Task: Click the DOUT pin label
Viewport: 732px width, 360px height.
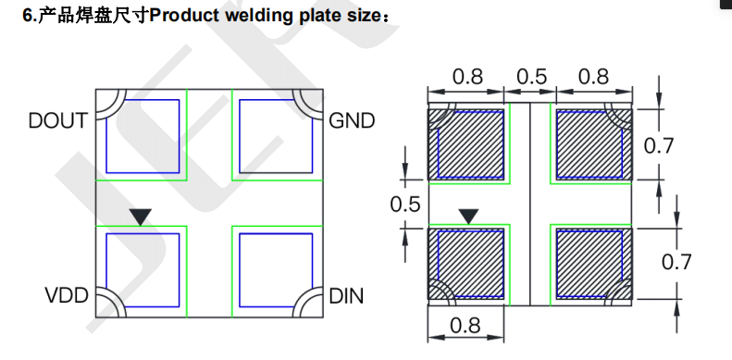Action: click(58, 120)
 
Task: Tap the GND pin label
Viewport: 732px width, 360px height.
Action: click(352, 121)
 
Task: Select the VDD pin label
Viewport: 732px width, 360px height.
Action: click(67, 295)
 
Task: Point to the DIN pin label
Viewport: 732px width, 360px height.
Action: click(346, 296)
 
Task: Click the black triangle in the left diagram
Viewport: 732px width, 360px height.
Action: click(141, 217)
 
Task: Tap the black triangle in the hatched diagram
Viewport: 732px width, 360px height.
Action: click(468, 217)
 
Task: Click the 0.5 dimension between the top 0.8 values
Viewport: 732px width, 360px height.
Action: click(531, 76)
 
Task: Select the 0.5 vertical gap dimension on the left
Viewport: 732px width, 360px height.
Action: click(405, 205)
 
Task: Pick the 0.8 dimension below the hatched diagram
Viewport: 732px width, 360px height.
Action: click(465, 325)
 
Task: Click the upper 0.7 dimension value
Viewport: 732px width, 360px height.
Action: click(659, 145)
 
